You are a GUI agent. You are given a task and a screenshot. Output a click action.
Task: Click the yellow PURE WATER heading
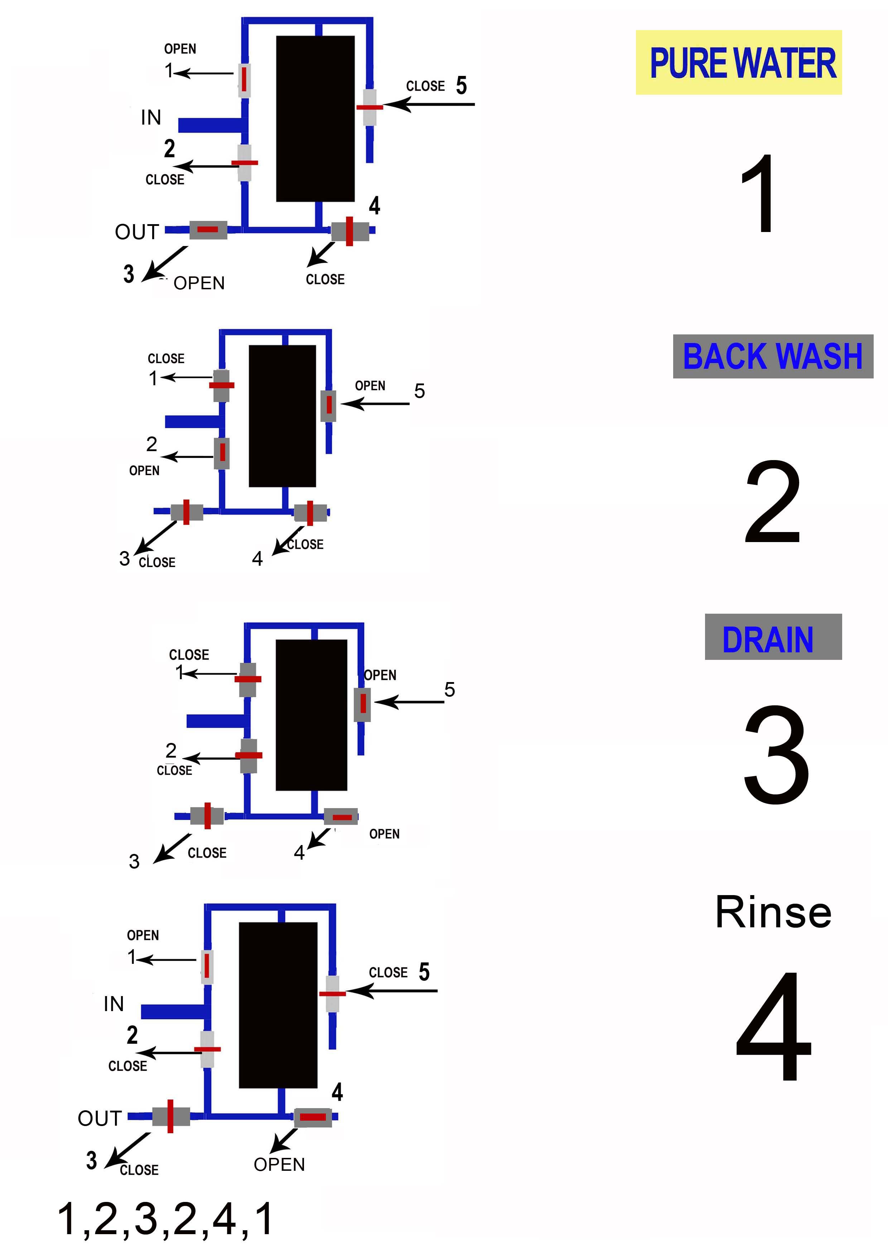[739, 62]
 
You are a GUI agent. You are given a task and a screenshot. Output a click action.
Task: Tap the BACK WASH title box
[773, 356]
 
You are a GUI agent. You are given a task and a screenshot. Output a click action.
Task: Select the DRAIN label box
[773, 637]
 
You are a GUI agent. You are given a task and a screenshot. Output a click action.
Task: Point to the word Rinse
[773, 912]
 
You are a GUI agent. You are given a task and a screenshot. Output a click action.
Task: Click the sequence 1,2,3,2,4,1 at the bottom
[165, 1219]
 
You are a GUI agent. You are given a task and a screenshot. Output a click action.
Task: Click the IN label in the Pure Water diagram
[151, 117]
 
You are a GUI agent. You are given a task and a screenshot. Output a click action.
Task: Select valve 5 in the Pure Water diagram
[370, 107]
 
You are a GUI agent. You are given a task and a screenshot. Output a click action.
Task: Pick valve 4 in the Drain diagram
[341, 817]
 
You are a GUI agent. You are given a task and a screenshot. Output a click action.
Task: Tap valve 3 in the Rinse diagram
[171, 1116]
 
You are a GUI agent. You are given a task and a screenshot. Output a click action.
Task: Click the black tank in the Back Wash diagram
[282, 416]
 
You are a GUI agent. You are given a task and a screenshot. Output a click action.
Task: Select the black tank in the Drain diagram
[311, 715]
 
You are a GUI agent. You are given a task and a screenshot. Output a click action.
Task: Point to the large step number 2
[773, 502]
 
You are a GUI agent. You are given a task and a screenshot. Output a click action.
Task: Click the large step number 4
[774, 1027]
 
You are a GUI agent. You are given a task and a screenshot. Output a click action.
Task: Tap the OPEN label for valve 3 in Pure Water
[199, 283]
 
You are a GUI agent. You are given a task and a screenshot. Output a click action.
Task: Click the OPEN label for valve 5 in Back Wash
[370, 386]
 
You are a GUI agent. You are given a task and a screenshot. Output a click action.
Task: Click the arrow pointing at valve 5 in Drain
[409, 702]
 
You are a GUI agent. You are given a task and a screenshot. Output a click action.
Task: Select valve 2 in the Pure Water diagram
[245, 163]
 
